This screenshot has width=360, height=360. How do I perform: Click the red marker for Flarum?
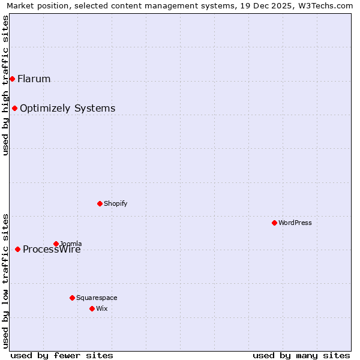tap(12, 79)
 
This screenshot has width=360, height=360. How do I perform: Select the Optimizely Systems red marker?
tap(14, 108)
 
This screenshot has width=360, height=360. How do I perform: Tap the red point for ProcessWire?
tap(17, 249)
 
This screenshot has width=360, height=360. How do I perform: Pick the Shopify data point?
tap(100, 203)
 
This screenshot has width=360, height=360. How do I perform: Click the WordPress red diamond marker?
tap(274, 223)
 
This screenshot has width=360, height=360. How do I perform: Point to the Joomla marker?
tap(56, 244)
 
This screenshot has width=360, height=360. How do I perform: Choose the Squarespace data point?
tap(72, 298)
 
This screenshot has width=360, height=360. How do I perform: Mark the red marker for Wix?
tap(92, 308)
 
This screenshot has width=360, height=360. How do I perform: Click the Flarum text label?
tap(34, 79)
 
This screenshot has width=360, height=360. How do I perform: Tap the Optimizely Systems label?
tap(67, 108)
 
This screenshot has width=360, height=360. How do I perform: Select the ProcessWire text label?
tap(52, 250)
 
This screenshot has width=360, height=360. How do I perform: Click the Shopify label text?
tap(116, 203)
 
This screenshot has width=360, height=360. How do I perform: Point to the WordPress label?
tap(295, 223)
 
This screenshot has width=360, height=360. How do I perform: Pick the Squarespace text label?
tap(97, 298)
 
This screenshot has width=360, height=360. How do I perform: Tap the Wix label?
tap(101, 308)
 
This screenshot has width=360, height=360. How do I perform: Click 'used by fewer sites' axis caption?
tap(62, 355)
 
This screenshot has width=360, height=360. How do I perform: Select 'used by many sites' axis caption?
tap(301, 355)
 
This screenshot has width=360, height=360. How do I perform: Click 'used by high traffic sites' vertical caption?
tap(5, 85)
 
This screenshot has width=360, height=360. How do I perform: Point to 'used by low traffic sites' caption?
tap(5, 281)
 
